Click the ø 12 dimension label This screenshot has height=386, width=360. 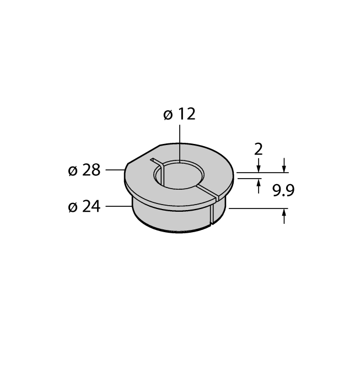click(x=179, y=114)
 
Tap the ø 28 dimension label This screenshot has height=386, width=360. click(x=84, y=170)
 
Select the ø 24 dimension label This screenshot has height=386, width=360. click(x=84, y=206)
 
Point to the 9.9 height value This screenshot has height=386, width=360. click(x=283, y=190)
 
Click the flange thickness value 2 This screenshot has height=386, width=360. click(x=259, y=149)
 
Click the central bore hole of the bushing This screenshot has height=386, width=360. click(x=179, y=175)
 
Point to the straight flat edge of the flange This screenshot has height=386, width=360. click(x=144, y=154)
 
